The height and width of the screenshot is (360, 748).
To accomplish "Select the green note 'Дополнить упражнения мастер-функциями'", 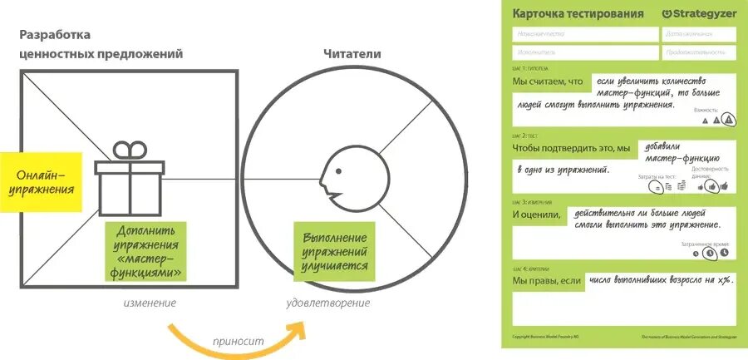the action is tap(146, 250).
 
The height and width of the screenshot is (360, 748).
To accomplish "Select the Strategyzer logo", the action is tap(699, 13).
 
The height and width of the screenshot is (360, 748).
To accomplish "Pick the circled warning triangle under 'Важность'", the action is tap(728, 120).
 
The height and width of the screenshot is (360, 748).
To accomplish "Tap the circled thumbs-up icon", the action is tap(712, 186).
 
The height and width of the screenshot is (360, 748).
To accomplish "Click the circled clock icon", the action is tap(709, 254).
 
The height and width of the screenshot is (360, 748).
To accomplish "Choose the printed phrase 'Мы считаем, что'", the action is tap(549, 81).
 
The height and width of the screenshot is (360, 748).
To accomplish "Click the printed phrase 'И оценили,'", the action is tap(537, 215).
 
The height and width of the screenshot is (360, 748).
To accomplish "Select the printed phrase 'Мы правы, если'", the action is tap(547, 281).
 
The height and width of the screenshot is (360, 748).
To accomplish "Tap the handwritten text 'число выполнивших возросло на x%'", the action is tap(660, 281).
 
